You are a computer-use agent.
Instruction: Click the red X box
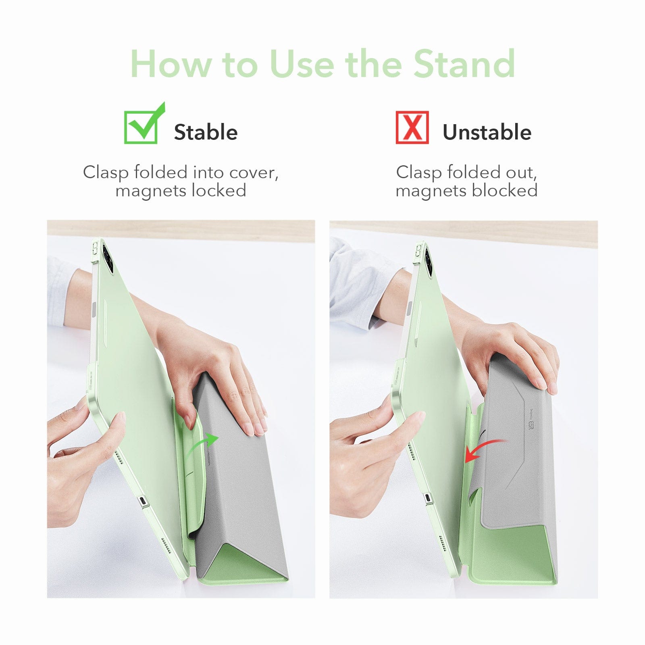click(x=412, y=127)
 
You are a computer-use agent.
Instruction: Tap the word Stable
click(x=206, y=132)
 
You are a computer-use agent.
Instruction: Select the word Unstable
click(x=487, y=132)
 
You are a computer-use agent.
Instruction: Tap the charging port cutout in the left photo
click(x=142, y=501)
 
